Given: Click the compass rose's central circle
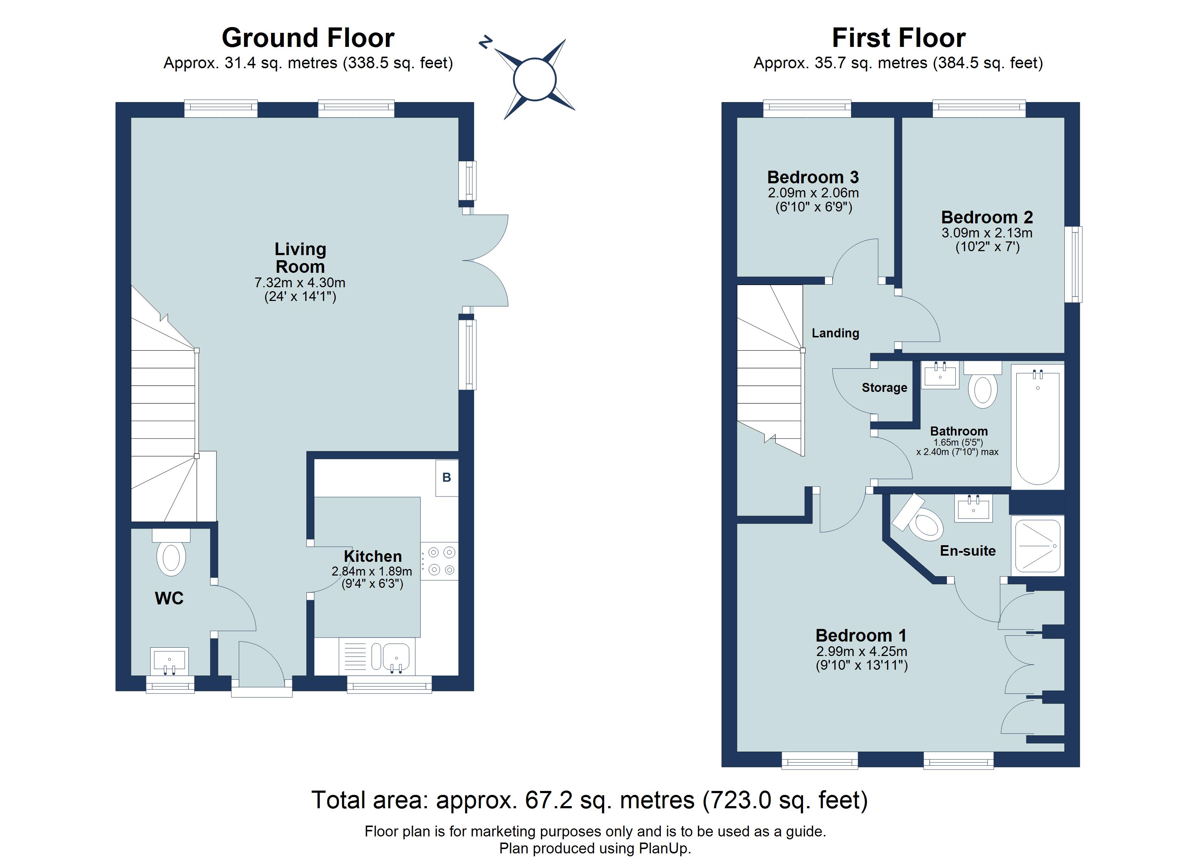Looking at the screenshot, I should [534, 80].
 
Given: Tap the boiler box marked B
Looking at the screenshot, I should [446, 477].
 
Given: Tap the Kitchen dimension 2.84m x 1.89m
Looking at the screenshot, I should [371, 571].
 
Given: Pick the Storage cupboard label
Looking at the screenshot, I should [884, 388].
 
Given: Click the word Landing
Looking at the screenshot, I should [835, 333].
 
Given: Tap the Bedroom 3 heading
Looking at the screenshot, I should [812, 177].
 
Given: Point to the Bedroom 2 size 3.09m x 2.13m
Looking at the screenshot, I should [987, 233].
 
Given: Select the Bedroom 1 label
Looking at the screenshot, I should [861, 635].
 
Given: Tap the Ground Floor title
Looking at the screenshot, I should [308, 38].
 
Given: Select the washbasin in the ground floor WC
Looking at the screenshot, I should [169, 661].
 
